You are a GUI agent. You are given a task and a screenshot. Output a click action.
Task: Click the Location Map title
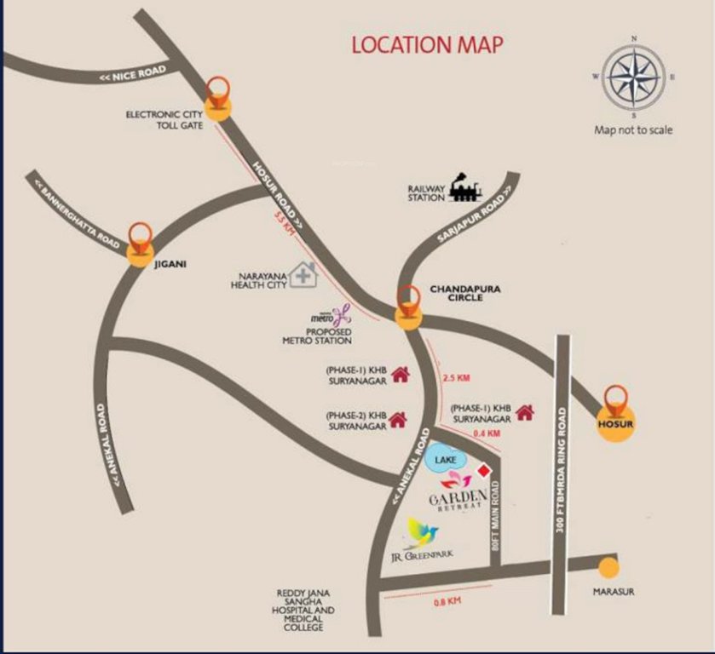coord(427,44)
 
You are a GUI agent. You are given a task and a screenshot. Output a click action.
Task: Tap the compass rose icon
coord(634,77)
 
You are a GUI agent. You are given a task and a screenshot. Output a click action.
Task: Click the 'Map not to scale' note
coord(633,130)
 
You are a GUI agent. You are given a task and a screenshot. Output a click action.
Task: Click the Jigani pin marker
coord(141,243)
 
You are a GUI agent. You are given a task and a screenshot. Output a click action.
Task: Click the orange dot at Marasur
coord(608,568)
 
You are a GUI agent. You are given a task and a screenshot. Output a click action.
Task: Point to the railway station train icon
coord(465,187)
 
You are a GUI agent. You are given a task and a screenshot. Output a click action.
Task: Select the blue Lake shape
coord(445,458)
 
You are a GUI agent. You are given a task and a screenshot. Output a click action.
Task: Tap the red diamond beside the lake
coord(484,471)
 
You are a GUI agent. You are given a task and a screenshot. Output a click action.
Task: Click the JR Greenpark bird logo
coord(423,533)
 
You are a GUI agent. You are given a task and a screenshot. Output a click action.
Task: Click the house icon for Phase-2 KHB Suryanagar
coord(398,419)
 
